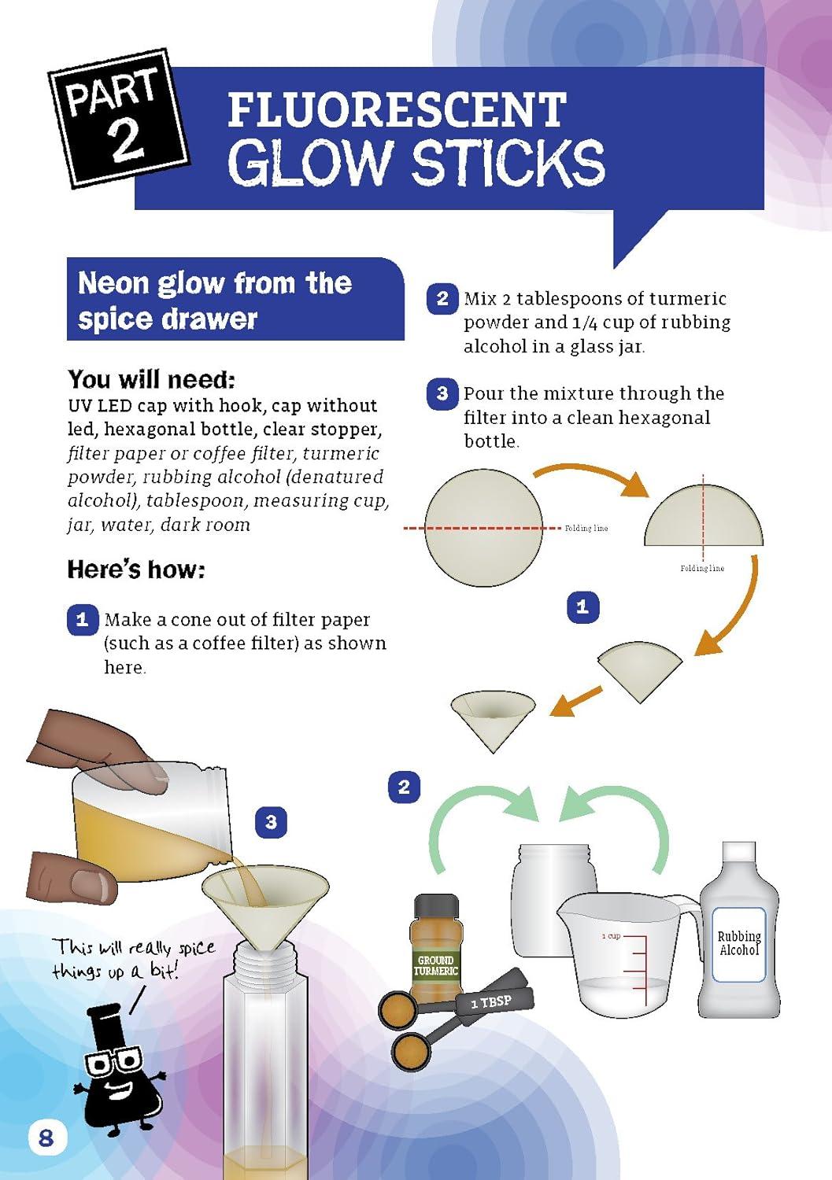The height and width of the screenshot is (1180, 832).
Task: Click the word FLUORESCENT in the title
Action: click(x=397, y=109)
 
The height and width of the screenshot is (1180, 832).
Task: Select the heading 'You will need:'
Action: click(x=151, y=379)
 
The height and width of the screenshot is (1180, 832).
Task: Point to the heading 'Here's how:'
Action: click(x=136, y=569)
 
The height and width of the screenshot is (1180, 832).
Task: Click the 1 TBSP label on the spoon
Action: click(x=491, y=1000)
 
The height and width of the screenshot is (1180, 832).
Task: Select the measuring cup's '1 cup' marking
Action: click(x=611, y=936)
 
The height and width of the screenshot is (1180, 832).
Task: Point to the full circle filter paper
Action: click(x=484, y=527)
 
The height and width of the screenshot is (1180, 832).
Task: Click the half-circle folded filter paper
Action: click(x=704, y=515)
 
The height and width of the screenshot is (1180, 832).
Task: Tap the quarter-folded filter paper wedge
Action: click(x=640, y=670)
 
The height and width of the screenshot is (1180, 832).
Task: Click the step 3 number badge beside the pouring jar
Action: click(x=271, y=822)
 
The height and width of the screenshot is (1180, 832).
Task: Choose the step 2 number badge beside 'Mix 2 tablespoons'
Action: click(x=442, y=299)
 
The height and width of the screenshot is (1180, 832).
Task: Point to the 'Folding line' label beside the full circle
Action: click(x=586, y=529)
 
